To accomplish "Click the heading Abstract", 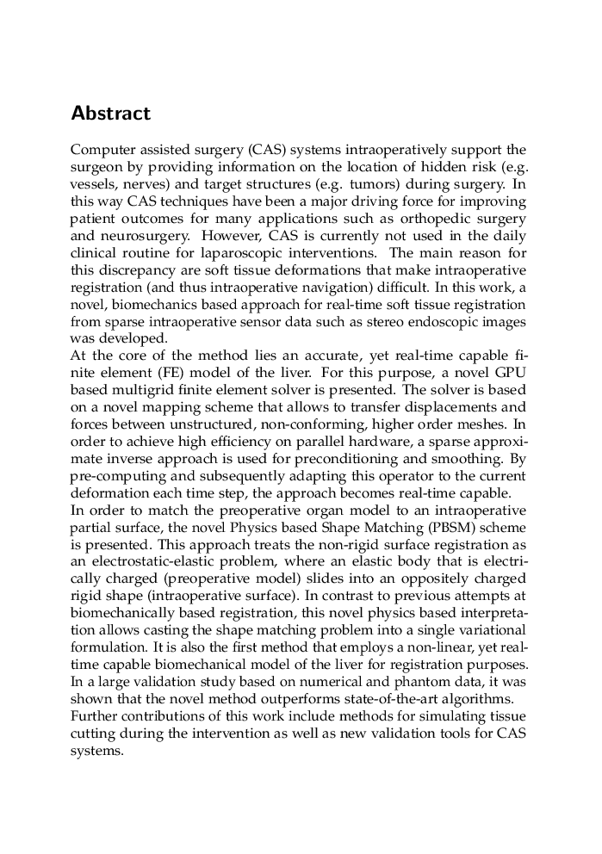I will coord(110,114).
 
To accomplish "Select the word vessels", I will coord(93,185).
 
